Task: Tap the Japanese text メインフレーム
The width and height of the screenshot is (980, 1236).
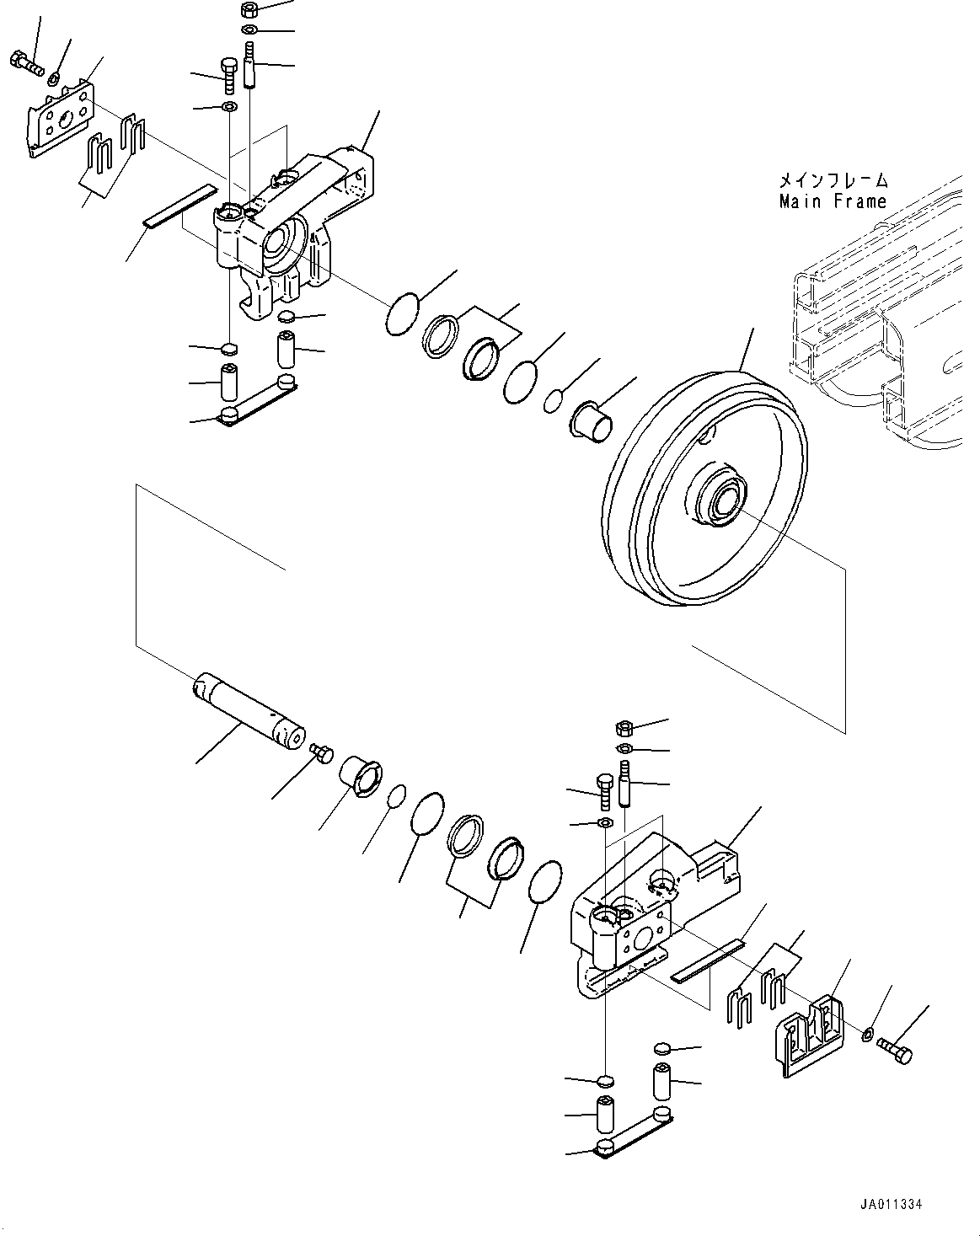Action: pos(832,180)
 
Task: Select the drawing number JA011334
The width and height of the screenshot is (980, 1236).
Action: pos(892,1205)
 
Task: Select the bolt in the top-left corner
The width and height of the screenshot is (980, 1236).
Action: pos(27,63)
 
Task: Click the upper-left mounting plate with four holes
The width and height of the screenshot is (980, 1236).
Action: pos(59,118)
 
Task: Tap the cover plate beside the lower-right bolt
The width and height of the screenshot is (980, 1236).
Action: pos(810,1034)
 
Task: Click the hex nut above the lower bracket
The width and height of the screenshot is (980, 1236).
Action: pos(624,727)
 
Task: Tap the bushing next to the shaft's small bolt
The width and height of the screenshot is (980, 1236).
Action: pos(361,776)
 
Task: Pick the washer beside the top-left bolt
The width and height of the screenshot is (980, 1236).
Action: pos(53,78)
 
